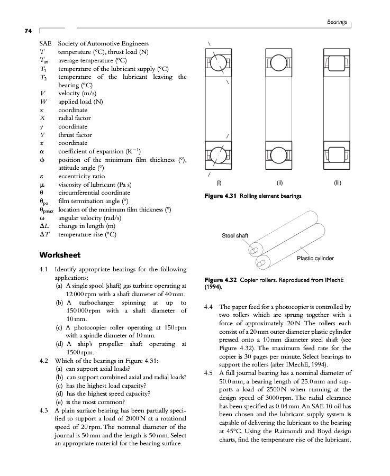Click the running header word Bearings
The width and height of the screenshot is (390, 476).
[337, 22]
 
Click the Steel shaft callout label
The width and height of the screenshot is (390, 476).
[235, 235]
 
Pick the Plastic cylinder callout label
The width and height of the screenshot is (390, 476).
[315, 258]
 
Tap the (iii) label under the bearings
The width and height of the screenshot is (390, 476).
[339, 184]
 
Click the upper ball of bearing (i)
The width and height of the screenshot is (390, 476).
[219, 64]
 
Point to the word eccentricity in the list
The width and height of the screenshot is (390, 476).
[78, 176]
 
